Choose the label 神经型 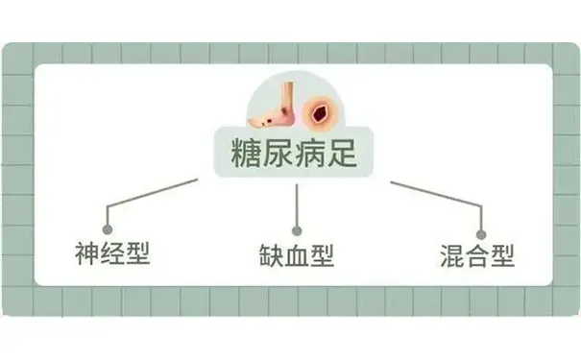(112, 254)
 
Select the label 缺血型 (295, 255)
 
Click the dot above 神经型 (109, 230)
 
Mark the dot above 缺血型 (297, 230)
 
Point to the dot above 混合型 (481, 231)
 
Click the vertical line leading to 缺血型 (297, 206)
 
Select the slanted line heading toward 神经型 (154, 192)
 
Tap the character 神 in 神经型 (87, 254)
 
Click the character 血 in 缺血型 (295, 255)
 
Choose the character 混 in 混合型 (450, 255)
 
